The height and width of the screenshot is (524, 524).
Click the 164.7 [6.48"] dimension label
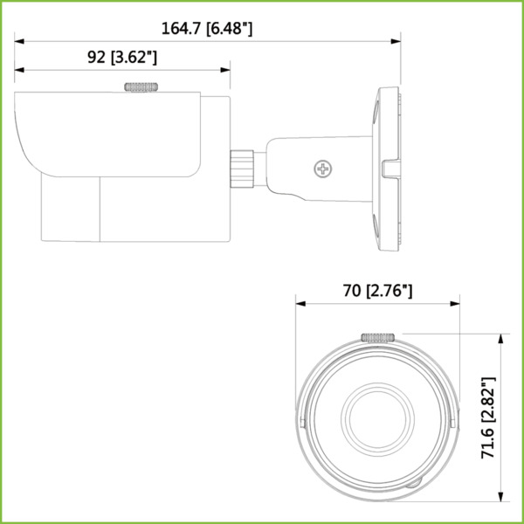tap(207, 28)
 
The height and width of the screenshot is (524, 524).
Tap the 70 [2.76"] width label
tap(377, 291)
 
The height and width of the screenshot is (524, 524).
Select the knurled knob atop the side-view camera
tap(143, 86)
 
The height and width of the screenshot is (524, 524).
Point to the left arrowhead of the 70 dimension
tap(300, 304)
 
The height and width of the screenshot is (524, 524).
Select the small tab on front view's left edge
tap(300, 420)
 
